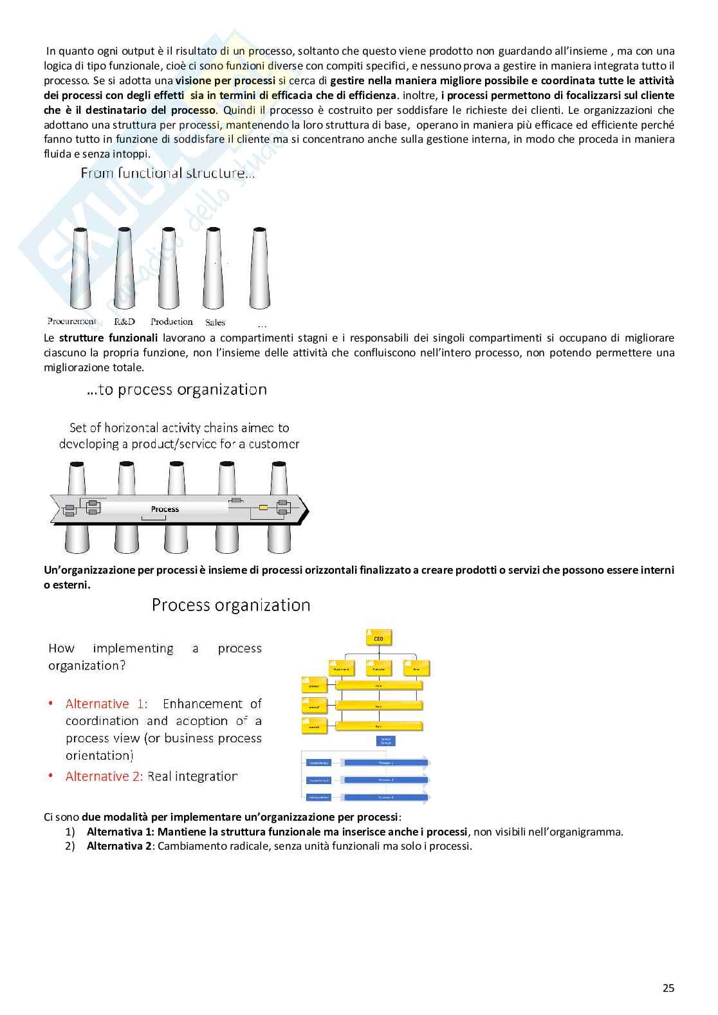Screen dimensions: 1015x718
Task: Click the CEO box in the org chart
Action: (x=378, y=638)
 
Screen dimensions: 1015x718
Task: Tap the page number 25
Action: (x=668, y=988)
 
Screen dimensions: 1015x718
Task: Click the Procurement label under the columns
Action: (x=71, y=321)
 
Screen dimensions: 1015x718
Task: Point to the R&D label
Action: (x=124, y=322)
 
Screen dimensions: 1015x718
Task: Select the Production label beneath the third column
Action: (x=171, y=322)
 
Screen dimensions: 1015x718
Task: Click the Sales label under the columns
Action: (x=215, y=322)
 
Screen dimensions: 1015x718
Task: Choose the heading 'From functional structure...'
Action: (x=167, y=173)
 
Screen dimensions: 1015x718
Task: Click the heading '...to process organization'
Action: (x=176, y=390)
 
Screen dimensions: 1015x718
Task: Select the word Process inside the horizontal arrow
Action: (x=165, y=509)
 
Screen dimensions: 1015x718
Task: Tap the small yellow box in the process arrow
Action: (x=262, y=508)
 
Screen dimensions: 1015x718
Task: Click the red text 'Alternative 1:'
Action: (x=106, y=704)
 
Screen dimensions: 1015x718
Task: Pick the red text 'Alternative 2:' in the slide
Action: (x=104, y=776)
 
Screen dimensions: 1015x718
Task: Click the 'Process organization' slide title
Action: (x=231, y=605)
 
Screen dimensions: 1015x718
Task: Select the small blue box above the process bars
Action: (x=386, y=740)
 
